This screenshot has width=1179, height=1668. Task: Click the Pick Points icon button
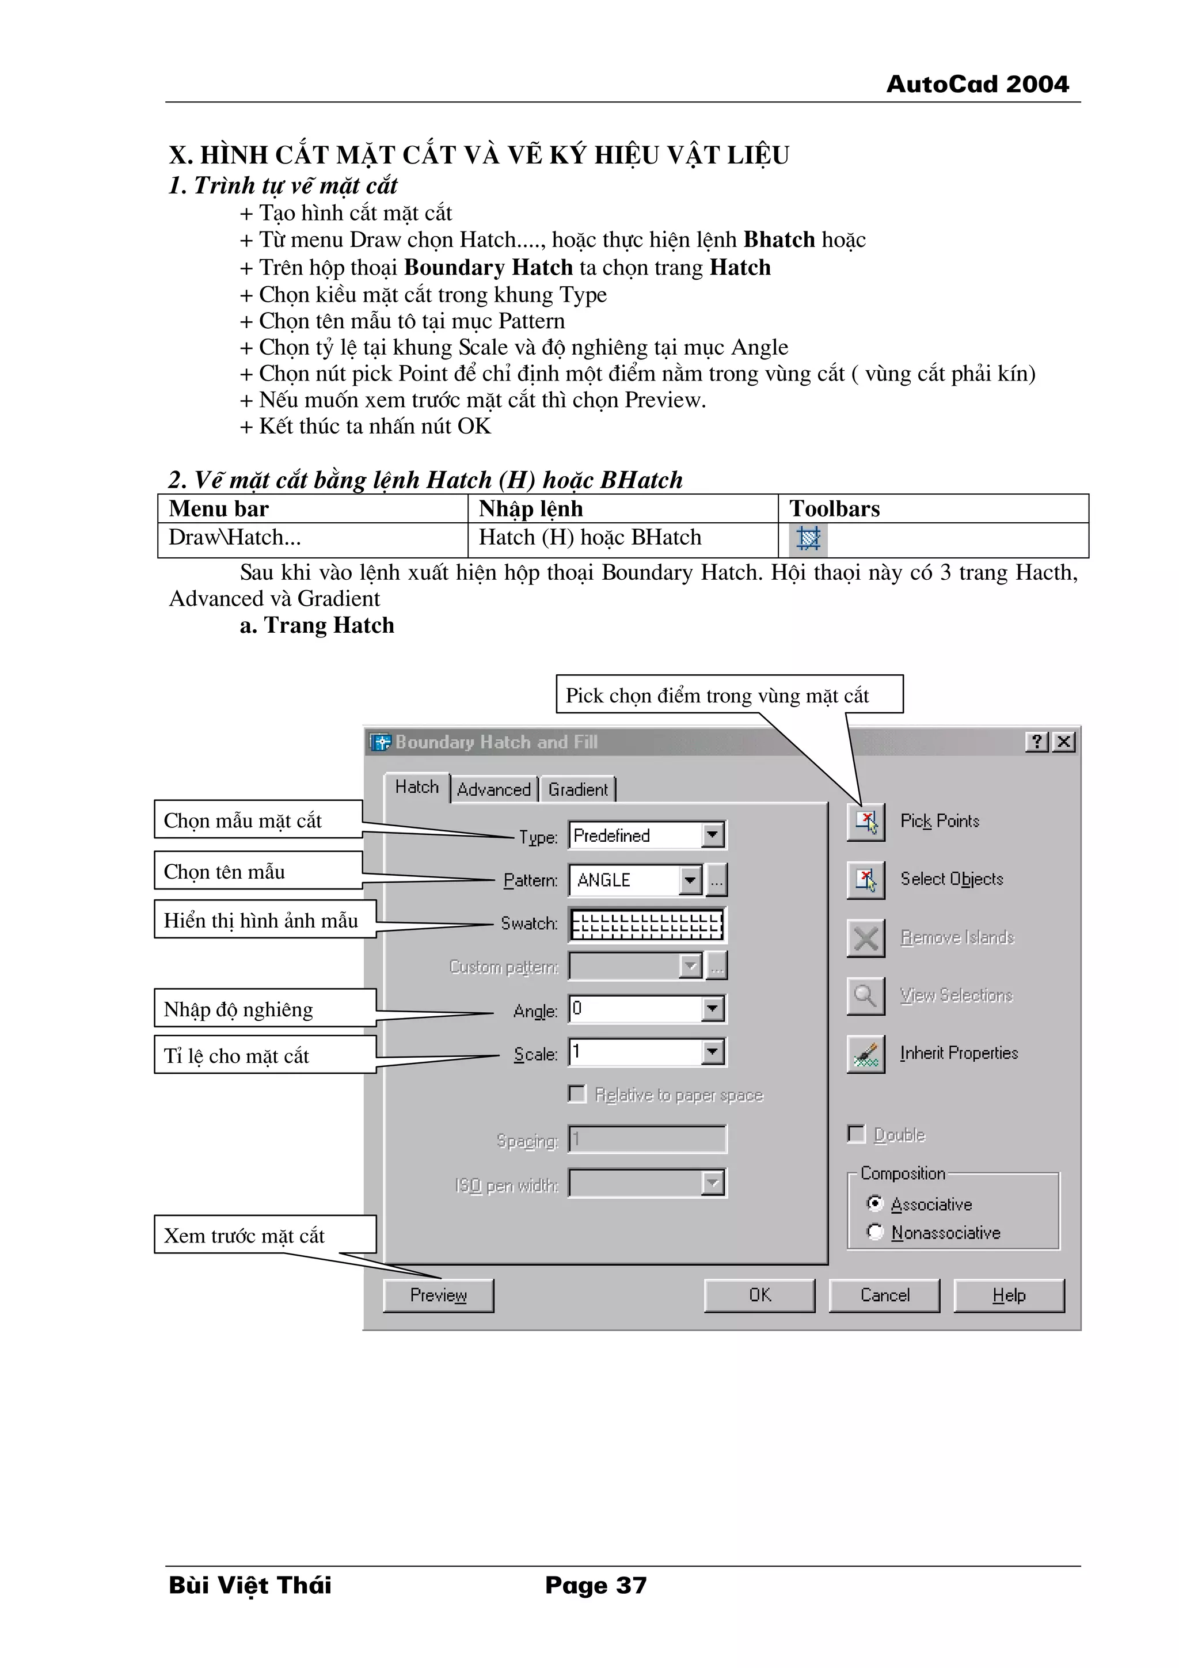(x=866, y=822)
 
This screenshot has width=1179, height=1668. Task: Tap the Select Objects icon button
(x=866, y=880)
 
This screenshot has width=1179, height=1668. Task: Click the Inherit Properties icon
(x=866, y=1054)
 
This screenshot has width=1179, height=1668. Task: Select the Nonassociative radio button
(x=876, y=1232)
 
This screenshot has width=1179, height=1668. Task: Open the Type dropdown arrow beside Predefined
(x=713, y=835)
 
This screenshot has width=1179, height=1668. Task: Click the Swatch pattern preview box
(x=646, y=925)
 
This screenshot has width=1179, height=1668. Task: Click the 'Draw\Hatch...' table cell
(x=313, y=538)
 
